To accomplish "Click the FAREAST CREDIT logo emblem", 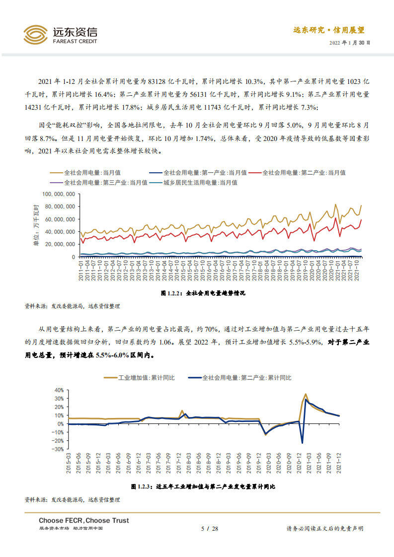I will [x=35, y=35].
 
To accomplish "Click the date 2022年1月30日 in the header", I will [x=350, y=43].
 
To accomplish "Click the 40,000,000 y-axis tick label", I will [x=60, y=232].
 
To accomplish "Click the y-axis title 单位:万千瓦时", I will [x=36, y=224].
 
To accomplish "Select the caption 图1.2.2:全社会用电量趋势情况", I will [x=203, y=293].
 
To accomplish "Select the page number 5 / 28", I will [x=209, y=529].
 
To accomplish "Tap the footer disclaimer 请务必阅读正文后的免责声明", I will [x=325, y=529].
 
